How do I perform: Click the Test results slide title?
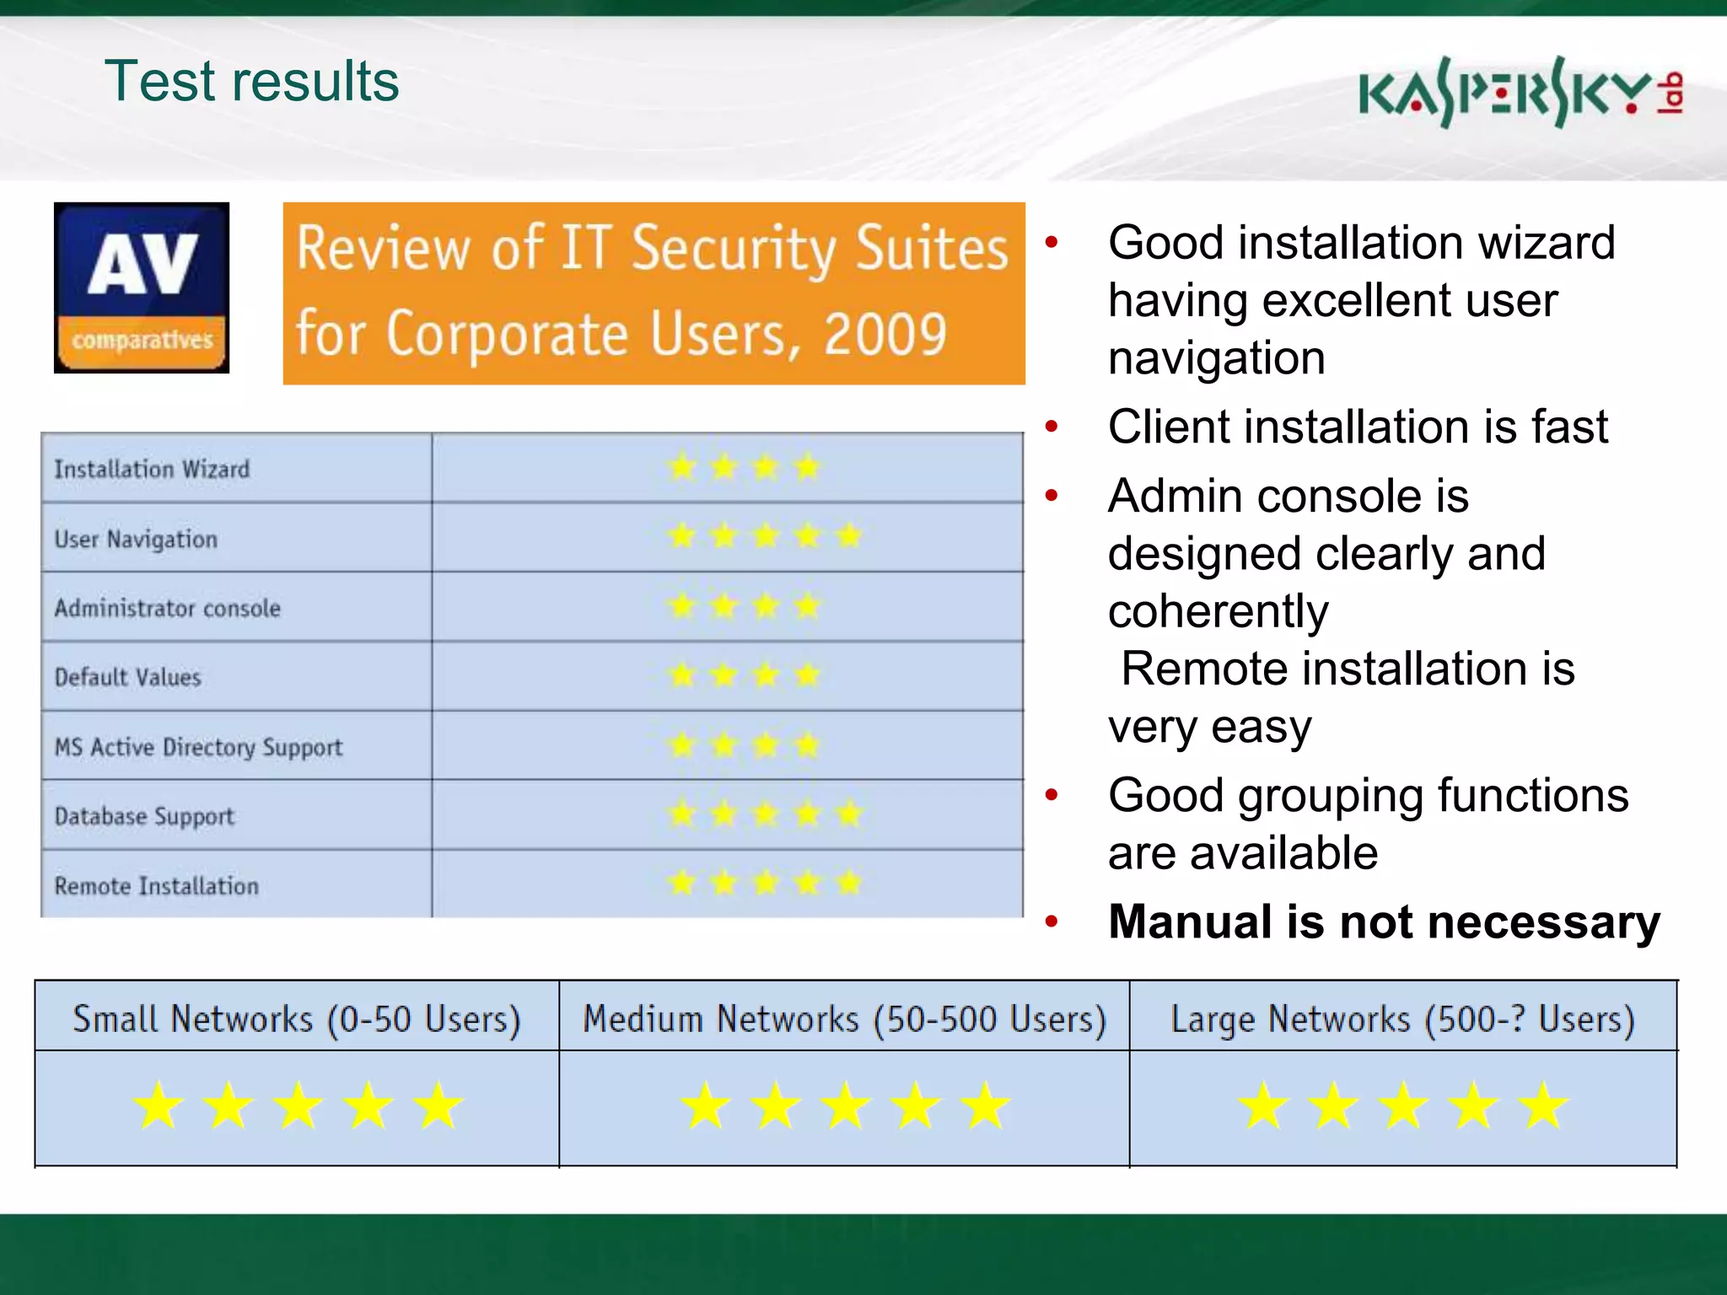(x=251, y=82)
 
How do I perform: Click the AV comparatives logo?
(x=142, y=287)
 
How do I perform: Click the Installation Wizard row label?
(x=152, y=470)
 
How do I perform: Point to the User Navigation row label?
(x=136, y=540)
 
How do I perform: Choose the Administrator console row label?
(x=167, y=609)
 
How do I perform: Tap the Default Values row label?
(x=127, y=678)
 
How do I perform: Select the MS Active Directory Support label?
(x=198, y=748)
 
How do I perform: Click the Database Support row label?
(x=144, y=817)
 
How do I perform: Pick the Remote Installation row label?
(x=156, y=886)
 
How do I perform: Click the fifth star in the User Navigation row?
(x=849, y=535)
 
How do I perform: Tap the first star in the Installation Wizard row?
(x=681, y=466)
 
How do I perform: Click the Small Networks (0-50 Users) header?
(x=296, y=1019)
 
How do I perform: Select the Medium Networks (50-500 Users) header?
(x=844, y=1019)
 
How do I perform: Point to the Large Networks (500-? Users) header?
(x=1402, y=1019)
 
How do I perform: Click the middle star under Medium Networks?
(x=845, y=1106)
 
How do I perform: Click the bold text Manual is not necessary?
(x=1383, y=922)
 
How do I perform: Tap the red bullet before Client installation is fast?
(x=1051, y=427)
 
